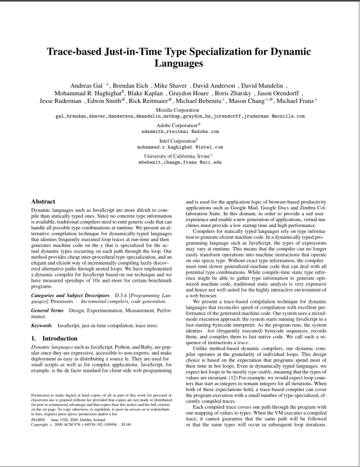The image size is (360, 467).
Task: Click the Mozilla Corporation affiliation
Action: click(180, 110)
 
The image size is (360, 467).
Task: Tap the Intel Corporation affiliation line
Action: click(180, 141)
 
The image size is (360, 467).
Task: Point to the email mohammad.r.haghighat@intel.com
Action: click(180, 147)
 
